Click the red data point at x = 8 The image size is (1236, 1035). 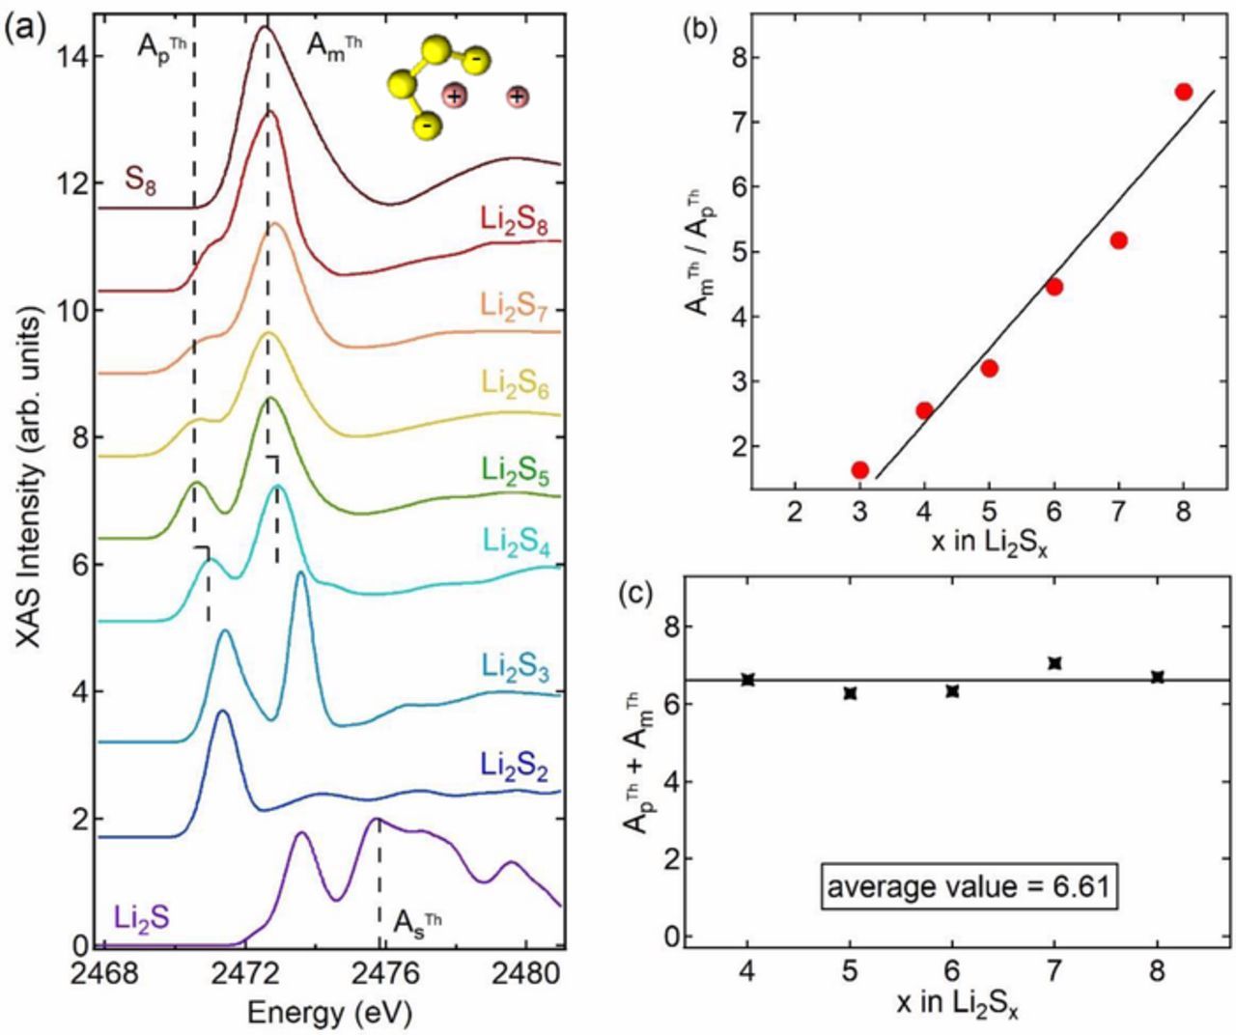point(1183,92)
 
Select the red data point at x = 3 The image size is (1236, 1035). point(859,469)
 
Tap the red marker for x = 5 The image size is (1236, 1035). point(989,368)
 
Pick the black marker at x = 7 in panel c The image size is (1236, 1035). point(1054,663)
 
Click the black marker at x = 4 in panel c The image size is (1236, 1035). point(747,680)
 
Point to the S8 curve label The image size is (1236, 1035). point(141,180)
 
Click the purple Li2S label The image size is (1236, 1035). point(141,915)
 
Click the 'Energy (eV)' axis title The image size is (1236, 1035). point(329,1013)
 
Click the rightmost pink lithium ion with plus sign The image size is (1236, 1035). point(519,96)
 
